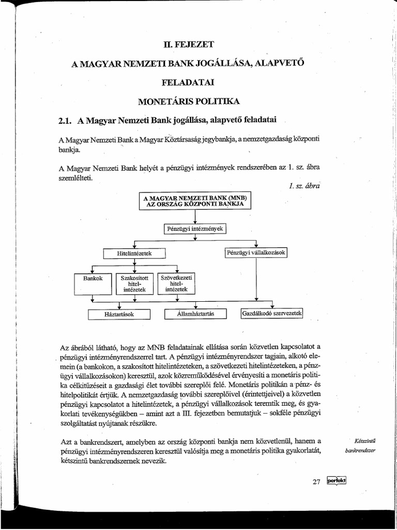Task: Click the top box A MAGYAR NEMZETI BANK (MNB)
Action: click(195, 201)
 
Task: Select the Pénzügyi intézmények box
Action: click(195, 228)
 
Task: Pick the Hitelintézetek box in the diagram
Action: click(134, 254)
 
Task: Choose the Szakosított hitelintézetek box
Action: click(134, 284)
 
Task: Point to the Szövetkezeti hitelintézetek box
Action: click(176, 283)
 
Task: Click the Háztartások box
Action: click(119, 314)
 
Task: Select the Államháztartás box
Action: click(195, 314)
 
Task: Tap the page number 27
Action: click(317, 481)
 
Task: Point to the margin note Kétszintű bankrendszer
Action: click(360, 445)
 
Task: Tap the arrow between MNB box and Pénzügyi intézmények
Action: click(195, 216)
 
